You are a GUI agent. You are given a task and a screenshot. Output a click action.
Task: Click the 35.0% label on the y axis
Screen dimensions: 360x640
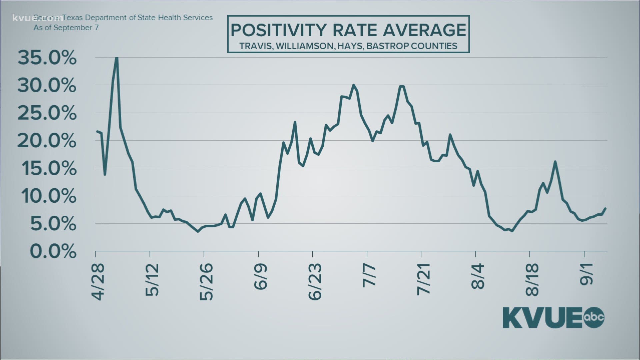tap(47, 59)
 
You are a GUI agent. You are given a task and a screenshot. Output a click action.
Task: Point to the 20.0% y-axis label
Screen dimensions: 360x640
tap(47, 141)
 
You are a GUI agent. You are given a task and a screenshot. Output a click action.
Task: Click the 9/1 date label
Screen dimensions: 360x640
tap(587, 274)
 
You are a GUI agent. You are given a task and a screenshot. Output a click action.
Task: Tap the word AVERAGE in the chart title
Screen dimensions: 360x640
tap(424, 30)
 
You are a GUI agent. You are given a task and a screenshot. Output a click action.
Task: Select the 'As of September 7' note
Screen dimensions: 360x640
tap(66, 28)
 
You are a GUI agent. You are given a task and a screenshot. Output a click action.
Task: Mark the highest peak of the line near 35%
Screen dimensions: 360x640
tap(116, 58)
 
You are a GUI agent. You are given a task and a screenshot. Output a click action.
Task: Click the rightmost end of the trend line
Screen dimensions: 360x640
tap(606, 208)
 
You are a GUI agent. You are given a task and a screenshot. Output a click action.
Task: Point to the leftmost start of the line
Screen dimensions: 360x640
tap(96, 131)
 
